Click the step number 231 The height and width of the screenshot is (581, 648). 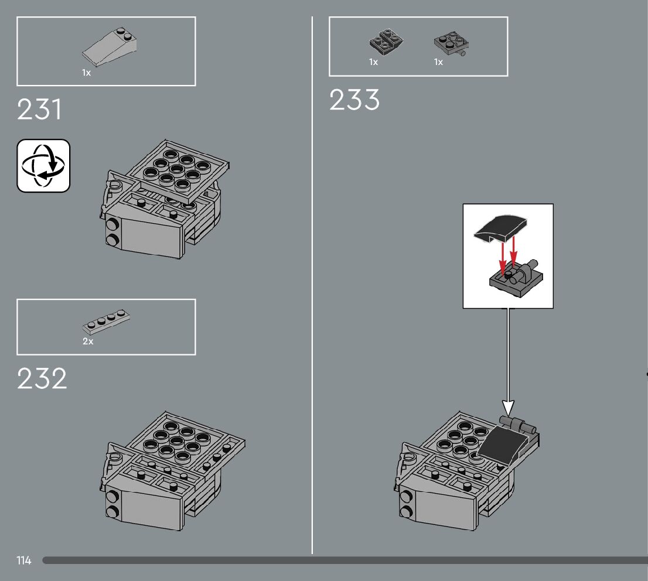39,110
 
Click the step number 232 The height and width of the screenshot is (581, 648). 42,379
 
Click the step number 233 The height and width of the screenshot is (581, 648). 354,100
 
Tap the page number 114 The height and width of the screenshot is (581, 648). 24,561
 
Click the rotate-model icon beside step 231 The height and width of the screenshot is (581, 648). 43,166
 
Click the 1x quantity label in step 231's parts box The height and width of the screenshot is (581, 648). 87,73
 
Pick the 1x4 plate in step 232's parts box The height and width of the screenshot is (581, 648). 107,319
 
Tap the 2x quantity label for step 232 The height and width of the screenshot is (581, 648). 88,341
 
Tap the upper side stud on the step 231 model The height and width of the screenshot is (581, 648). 111,224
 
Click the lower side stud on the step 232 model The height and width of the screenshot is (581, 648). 111,511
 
